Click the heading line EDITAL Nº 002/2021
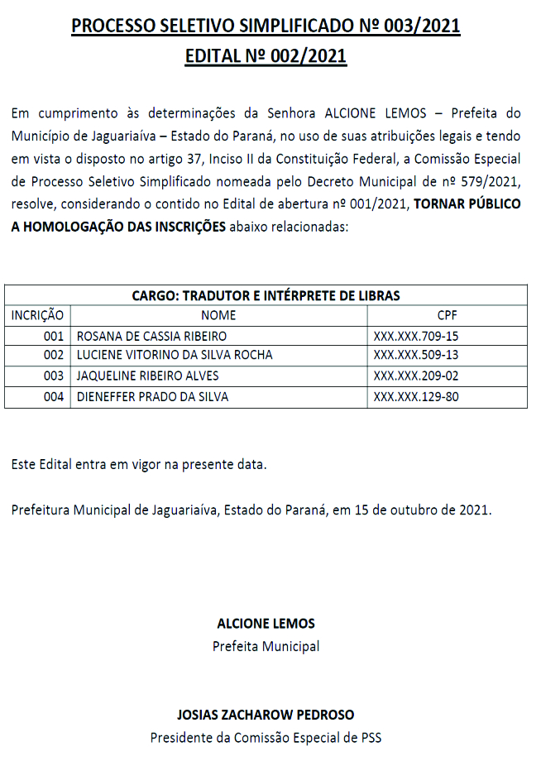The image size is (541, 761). (x=266, y=56)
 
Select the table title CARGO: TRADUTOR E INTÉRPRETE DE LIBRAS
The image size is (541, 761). (x=266, y=295)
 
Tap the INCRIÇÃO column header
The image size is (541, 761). (x=37, y=315)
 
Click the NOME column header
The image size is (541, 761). (x=218, y=315)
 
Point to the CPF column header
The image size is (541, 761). (x=447, y=315)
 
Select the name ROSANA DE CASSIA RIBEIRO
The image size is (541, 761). (x=151, y=336)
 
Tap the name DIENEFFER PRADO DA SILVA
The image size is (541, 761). (x=152, y=397)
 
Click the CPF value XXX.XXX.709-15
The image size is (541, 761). (x=416, y=336)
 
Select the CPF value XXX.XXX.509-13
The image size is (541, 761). (x=416, y=356)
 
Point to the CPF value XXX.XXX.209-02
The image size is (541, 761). (x=416, y=376)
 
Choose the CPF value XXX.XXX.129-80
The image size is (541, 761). (x=416, y=397)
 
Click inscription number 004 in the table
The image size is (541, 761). (x=54, y=397)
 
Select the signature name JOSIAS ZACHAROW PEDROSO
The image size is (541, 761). (x=266, y=714)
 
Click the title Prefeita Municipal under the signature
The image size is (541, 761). (x=266, y=646)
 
